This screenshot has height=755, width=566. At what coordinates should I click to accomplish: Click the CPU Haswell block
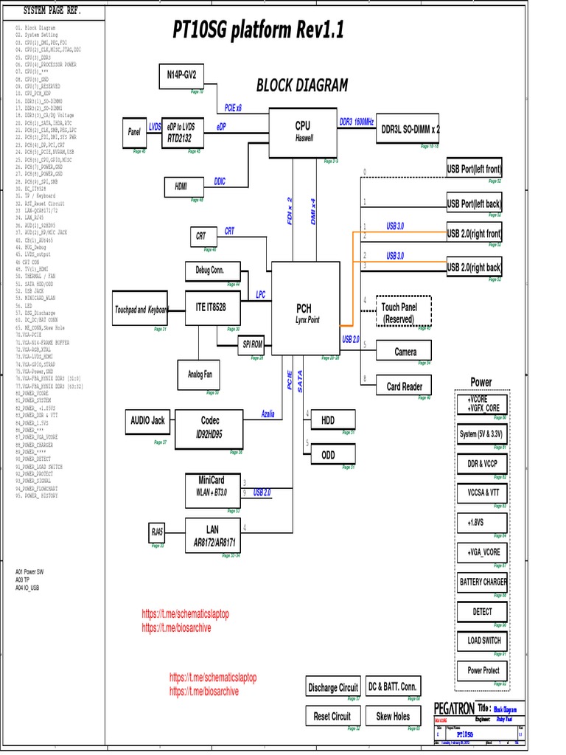pos(303,133)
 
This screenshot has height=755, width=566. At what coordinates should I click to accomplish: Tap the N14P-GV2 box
pos(181,75)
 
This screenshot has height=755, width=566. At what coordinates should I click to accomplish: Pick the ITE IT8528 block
pos(211,306)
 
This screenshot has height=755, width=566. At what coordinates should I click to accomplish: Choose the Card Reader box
pos(404,386)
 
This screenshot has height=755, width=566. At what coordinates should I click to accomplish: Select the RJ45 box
pos(158,531)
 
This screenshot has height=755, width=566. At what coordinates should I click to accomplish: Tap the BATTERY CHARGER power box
pos(483,582)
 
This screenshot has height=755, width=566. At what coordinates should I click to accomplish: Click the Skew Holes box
pos(393,716)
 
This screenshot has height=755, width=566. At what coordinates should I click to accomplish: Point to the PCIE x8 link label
pos(233,108)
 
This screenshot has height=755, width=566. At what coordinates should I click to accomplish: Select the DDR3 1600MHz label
pos(357,122)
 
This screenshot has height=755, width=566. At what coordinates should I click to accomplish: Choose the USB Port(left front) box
pos(474,170)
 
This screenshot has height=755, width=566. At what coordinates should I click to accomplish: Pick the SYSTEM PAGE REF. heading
pos(52,12)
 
